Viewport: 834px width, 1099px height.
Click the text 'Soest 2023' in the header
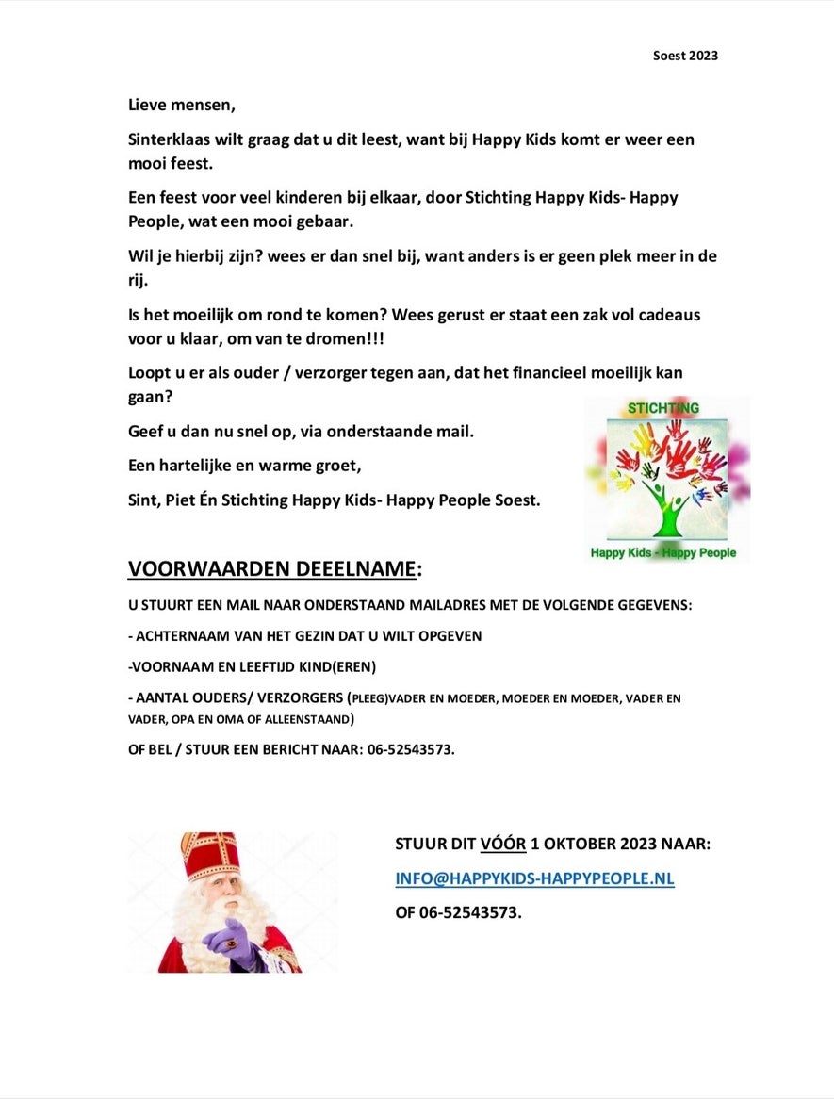coord(685,56)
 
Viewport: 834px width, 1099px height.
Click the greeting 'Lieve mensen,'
coord(181,105)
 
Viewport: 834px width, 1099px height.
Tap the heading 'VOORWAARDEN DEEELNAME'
coord(272,569)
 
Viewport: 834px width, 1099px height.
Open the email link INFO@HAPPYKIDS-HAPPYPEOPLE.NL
coord(534,878)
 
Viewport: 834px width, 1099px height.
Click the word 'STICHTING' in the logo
coord(663,408)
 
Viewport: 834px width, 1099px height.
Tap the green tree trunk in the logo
coord(668,514)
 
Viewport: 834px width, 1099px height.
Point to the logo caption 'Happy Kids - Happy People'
coord(663,552)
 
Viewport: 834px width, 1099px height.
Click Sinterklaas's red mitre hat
coord(209,854)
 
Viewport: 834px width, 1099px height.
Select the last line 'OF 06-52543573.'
coord(458,912)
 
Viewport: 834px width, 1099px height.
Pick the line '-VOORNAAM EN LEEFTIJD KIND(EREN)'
coord(252,666)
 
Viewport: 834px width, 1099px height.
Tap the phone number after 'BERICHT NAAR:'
coord(406,751)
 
